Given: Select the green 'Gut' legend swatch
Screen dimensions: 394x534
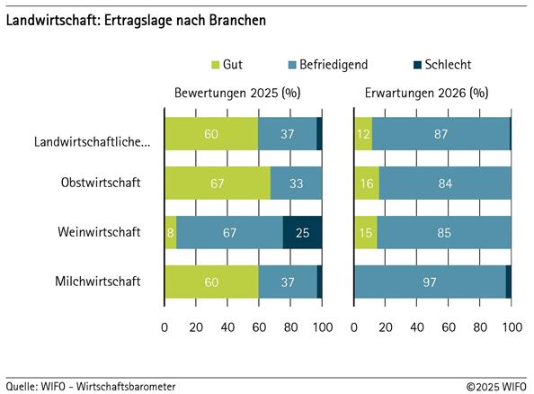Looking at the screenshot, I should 216,65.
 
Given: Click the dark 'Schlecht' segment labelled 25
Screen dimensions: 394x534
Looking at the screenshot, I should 302,232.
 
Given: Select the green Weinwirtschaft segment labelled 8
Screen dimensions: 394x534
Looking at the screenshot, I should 170,232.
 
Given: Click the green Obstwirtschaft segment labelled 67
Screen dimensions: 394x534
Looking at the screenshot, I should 217,184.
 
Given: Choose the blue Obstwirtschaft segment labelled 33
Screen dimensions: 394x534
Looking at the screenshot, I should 296,184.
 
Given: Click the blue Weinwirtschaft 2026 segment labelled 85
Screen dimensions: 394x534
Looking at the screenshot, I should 444,232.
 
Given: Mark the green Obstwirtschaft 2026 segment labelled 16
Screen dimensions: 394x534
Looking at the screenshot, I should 367,184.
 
